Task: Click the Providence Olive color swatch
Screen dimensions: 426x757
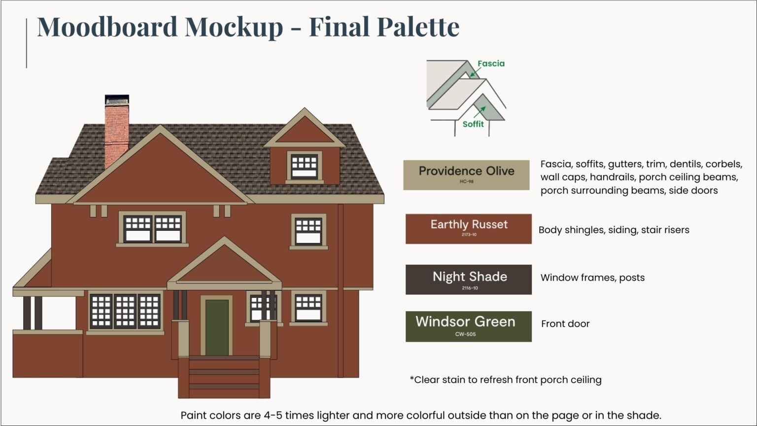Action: [466, 175]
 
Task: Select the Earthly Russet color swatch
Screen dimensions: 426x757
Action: [468, 229]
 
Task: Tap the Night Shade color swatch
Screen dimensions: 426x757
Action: [468, 280]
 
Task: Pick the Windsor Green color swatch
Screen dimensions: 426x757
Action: [468, 326]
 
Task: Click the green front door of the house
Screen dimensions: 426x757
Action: [217, 327]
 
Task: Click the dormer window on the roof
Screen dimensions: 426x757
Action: [304, 167]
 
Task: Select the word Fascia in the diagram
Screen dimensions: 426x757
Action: [491, 64]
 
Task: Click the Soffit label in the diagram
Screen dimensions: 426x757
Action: [473, 124]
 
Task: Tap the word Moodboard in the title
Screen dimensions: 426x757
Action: [107, 27]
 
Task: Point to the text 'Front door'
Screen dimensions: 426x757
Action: [565, 324]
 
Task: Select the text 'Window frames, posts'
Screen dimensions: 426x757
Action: [592, 278]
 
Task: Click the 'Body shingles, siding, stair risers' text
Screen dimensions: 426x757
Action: [614, 230]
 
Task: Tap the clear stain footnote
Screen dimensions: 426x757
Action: [506, 380]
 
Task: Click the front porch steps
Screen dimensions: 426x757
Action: [224, 377]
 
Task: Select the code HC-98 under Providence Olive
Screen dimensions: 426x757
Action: [466, 181]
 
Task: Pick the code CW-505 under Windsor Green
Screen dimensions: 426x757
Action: [465, 334]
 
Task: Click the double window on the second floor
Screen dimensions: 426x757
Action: [152, 229]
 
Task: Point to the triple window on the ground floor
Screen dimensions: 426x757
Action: [125, 311]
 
